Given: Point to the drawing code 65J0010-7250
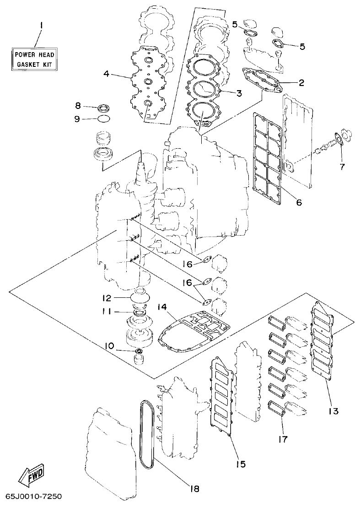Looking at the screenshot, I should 33,497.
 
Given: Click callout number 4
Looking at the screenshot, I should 106,73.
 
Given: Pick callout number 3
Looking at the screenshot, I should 239,93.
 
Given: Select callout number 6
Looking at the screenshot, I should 298,202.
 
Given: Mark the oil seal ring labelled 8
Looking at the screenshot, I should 104,108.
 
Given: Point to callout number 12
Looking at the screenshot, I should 107,298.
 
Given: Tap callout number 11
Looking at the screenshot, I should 106,312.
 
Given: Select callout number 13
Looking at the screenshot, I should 333,411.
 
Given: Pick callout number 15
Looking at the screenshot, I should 241,464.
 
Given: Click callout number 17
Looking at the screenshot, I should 282,439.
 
